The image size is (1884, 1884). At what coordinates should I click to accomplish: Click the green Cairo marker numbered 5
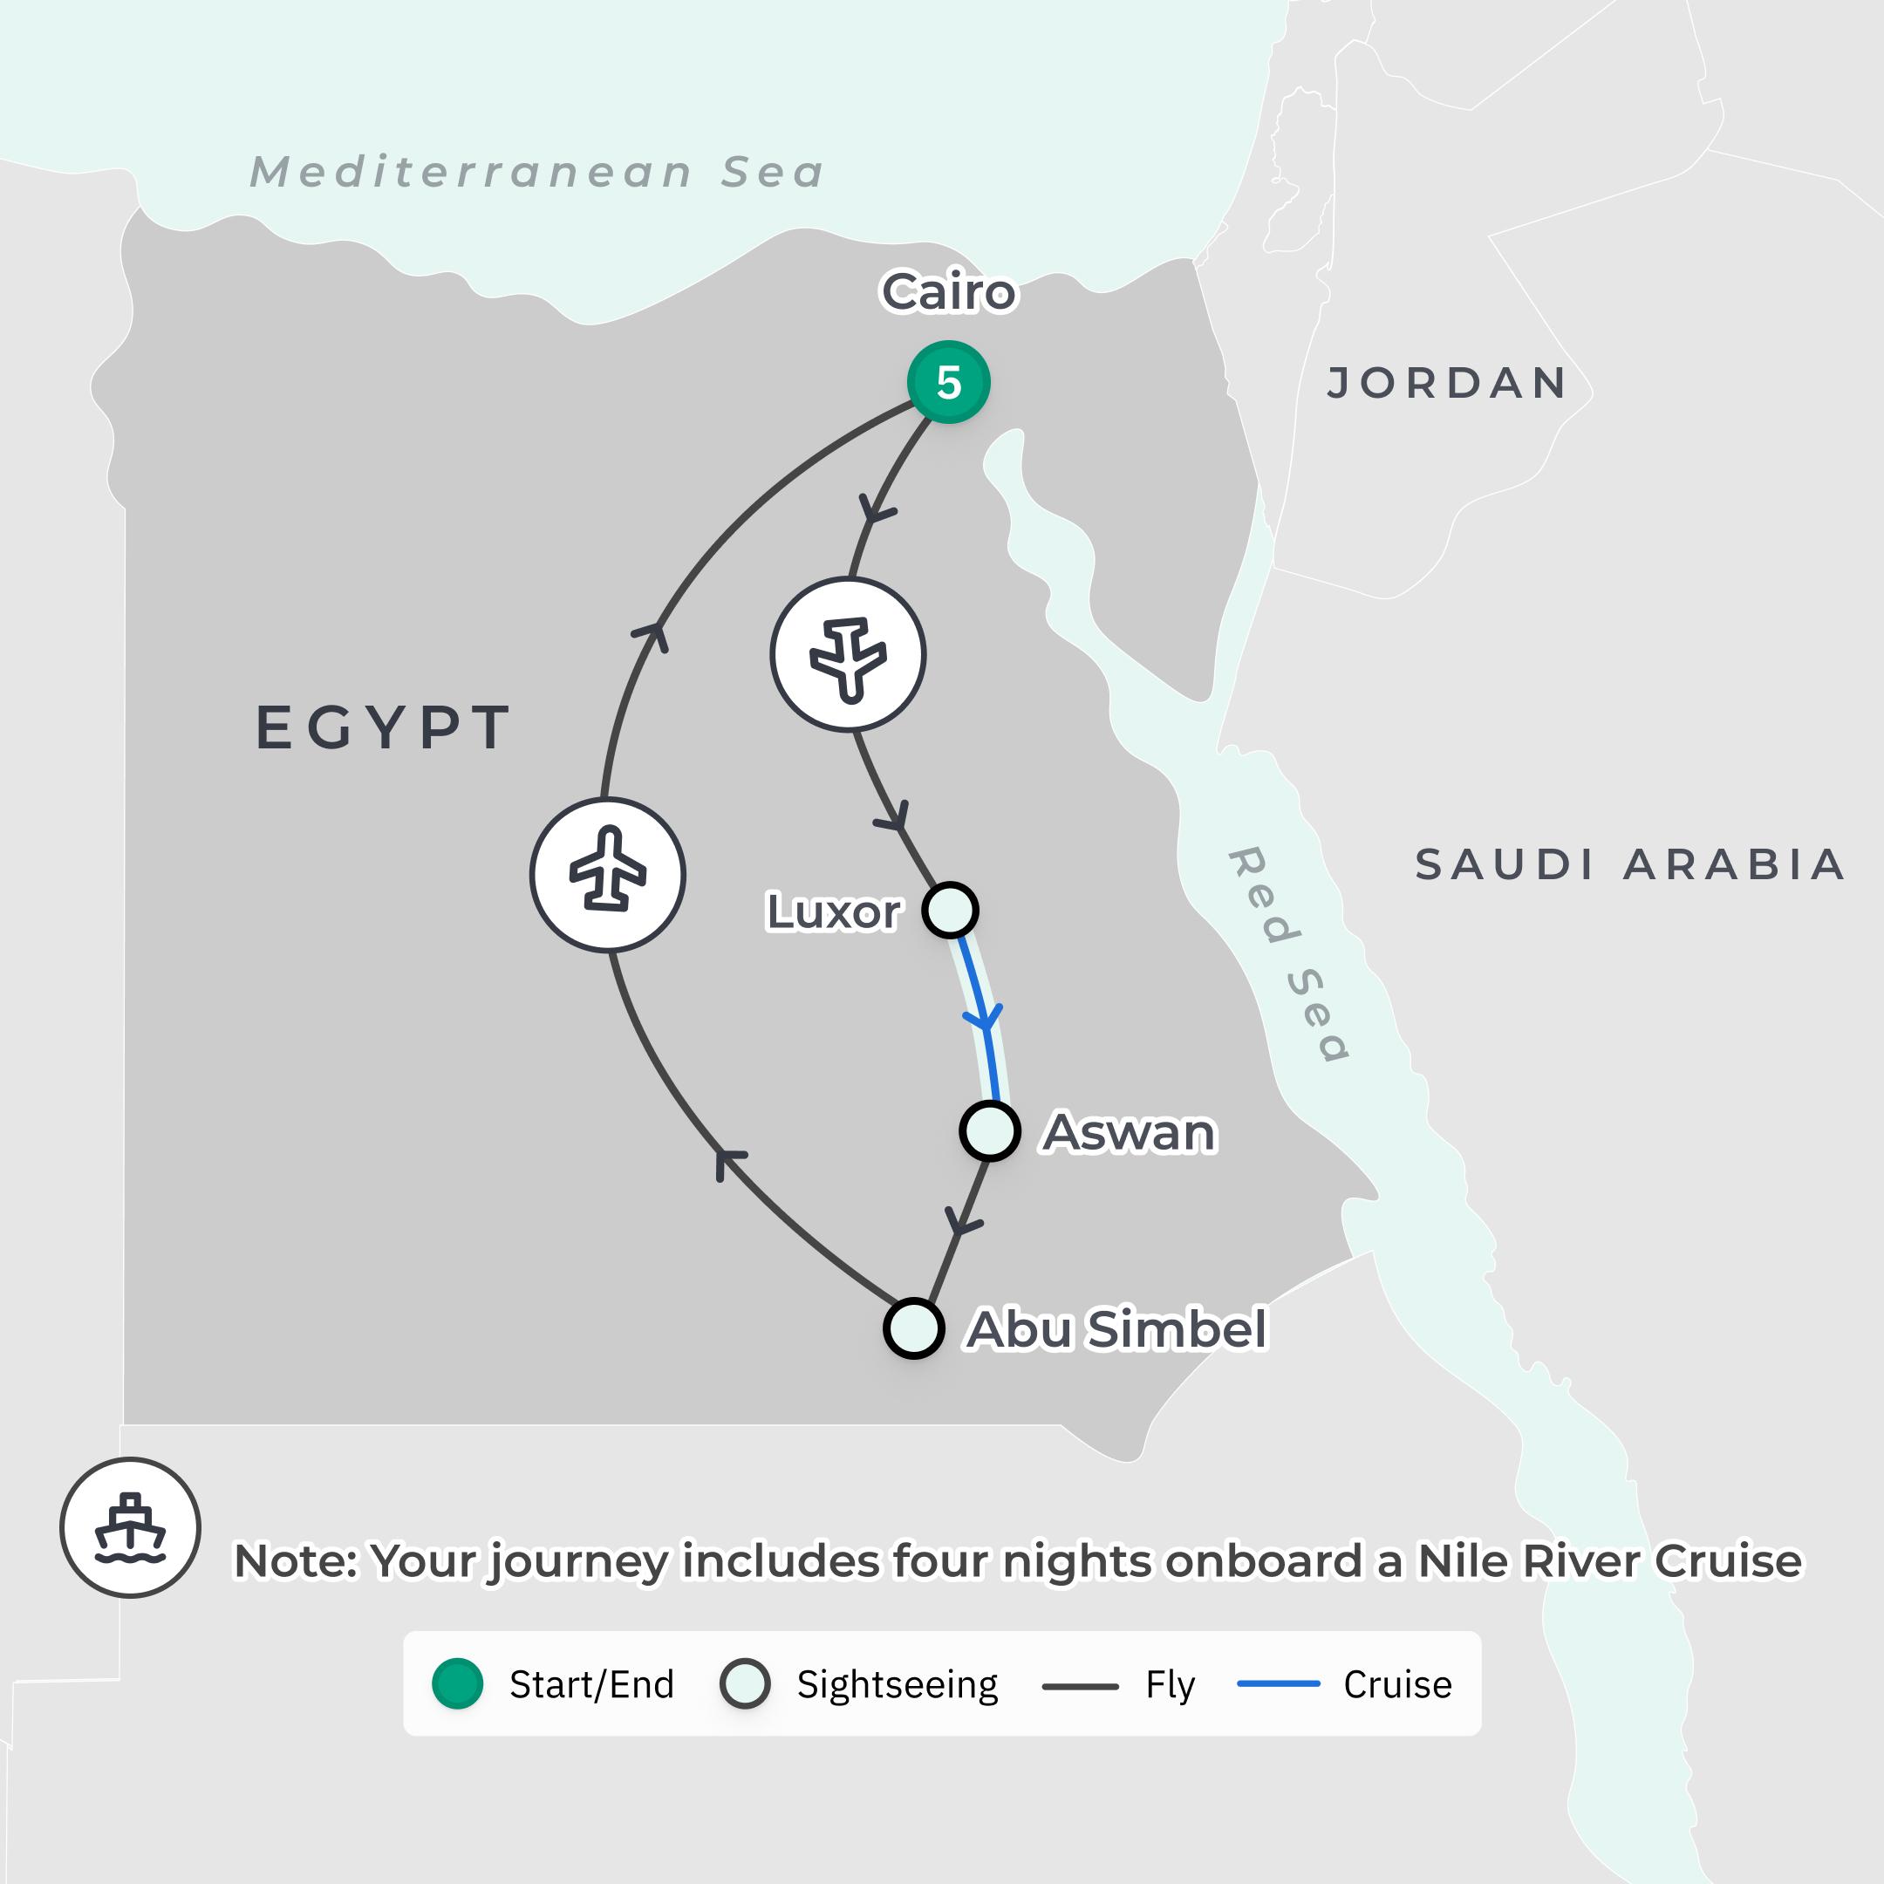(948, 382)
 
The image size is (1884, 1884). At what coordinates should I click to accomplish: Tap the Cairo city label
(948, 291)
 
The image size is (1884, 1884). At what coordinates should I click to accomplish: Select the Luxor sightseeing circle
(950, 910)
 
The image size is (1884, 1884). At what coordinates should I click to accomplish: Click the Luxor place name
(834, 911)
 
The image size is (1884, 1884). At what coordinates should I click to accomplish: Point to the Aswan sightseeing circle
(990, 1131)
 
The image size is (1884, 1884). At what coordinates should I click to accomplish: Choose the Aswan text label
(1130, 1132)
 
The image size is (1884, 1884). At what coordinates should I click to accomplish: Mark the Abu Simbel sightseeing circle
(914, 1328)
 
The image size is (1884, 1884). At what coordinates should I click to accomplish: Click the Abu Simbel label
(1116, 1329)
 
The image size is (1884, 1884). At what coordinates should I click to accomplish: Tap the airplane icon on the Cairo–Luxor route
(849, 654)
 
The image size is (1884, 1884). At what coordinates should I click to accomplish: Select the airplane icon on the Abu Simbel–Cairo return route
(608, 875)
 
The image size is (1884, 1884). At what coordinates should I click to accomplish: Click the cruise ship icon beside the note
(130, 1527)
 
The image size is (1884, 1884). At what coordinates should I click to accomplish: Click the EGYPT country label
(383, 727)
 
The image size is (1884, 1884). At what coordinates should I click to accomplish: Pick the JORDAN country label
(1447, 383)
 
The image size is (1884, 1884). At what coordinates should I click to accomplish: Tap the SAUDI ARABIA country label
(1629, 865)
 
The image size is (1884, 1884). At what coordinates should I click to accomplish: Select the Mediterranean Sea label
(537, 173)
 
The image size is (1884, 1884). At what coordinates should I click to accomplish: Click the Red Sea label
(1289, 953)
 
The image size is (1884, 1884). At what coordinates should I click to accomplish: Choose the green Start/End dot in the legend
(457, 1684)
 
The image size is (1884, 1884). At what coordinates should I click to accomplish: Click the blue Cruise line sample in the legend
(1278, 1684)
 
